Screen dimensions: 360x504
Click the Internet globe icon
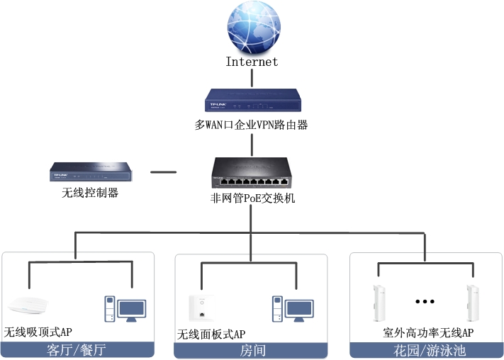point(252,27)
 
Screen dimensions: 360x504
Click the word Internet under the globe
point(252,62)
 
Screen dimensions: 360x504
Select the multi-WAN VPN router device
point(252,99)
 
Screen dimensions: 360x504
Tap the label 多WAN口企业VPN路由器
point(252,125)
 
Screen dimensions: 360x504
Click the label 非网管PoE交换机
point(253,198)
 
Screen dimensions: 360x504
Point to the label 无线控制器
point(89,192)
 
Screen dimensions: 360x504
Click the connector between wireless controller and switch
point(164,171)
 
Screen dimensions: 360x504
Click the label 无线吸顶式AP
point(39,332)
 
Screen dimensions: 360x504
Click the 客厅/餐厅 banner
point(77,350)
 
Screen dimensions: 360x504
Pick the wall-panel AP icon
point(201,307)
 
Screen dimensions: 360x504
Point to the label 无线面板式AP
point(211,333)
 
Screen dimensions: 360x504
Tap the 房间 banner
point(251,350)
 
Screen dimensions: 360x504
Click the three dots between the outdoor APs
point(424,301)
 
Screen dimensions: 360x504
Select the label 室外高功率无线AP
point(428,332)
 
